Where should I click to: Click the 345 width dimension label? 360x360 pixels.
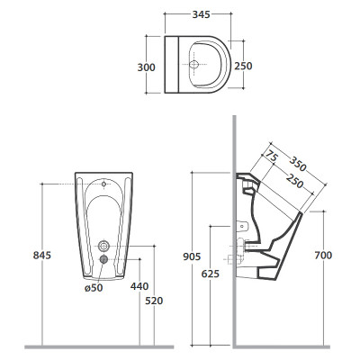click(201, 14)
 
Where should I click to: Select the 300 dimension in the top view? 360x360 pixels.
click(147, 67)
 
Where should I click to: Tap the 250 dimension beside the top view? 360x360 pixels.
click(243, 66)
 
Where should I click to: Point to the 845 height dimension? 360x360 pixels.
click(42, 256)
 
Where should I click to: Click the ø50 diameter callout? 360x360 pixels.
click(94, 288)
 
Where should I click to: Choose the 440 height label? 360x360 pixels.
click(139, 286)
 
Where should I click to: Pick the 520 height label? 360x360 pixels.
click(154, 301)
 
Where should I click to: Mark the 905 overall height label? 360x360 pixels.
click(192, 256)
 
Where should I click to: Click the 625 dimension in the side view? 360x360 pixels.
click(211, 274)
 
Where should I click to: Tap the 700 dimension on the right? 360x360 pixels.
click(323, 256)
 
